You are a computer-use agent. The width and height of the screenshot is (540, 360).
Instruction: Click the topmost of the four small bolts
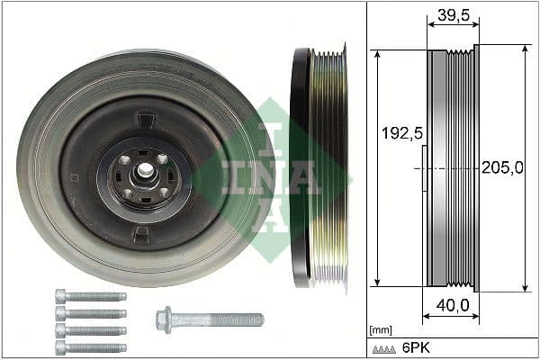pyautogui.click(x=90, y=296)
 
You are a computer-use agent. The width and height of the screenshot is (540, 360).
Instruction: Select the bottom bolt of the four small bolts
pyautogui.click(x=90, y=347)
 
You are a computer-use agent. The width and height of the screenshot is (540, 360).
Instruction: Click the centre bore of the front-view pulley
pyautogui.click(x=143, y=171)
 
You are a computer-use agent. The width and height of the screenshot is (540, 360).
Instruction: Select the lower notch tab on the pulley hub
pyautogui.click(x=141, y=235)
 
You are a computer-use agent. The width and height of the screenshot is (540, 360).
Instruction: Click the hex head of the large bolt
pyautogui.click(x=165, y=319)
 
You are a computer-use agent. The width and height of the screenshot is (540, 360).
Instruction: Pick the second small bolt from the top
pyautogui.click(x=90, y=313)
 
